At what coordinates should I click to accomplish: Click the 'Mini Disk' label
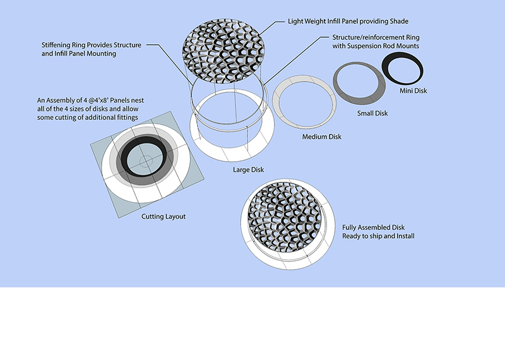point(413,91)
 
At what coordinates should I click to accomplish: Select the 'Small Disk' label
point(372,114)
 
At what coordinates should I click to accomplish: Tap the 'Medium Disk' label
point(321,137)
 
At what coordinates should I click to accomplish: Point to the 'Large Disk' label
point(248,169)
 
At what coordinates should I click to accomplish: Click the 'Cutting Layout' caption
point(163,217)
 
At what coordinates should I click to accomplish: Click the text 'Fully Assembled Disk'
point(374,227)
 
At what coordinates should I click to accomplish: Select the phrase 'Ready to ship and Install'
point(378,236)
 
